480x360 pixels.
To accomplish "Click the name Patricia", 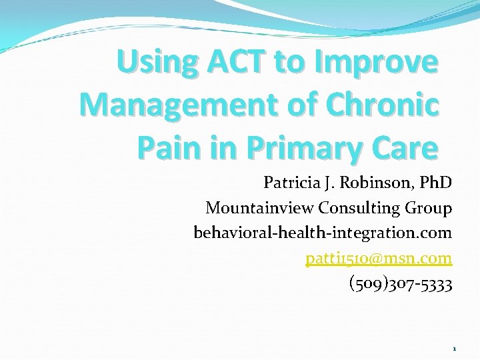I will [291, 182].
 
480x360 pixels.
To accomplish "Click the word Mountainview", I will [259, 208].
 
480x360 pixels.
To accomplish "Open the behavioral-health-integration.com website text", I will [323, 233].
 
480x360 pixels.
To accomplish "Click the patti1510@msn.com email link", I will [379, 259].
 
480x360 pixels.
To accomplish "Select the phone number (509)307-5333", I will [401, 285].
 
